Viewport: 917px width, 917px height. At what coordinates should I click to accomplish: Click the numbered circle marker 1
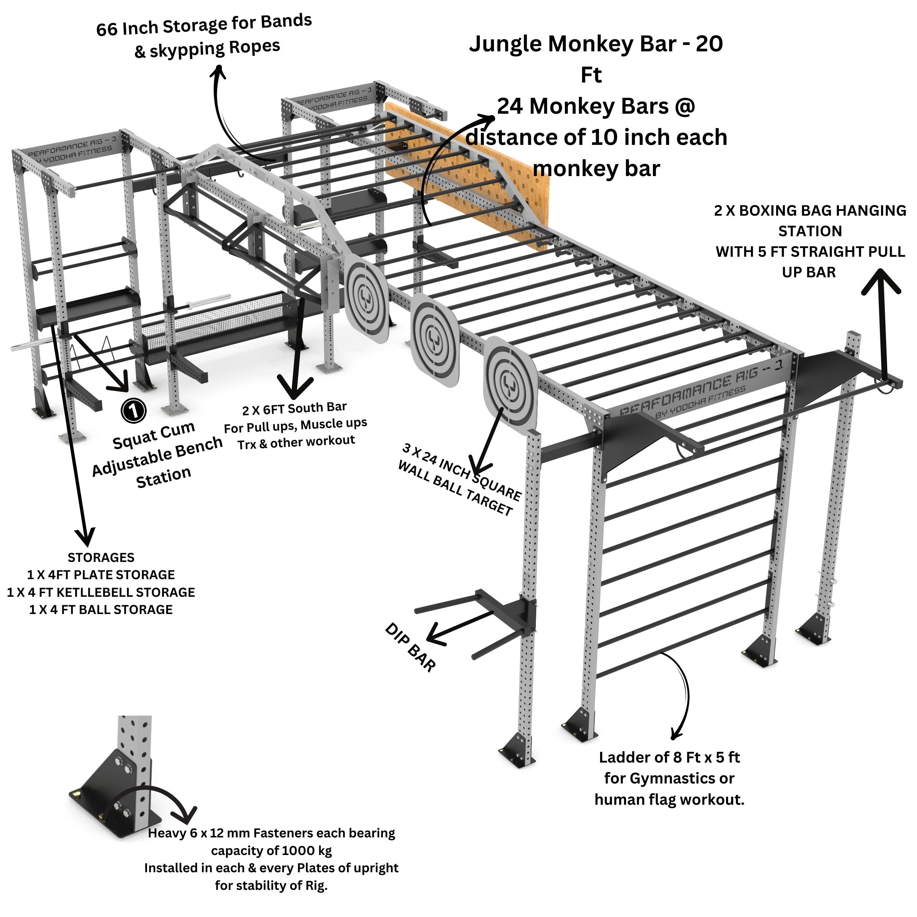coord(134,410)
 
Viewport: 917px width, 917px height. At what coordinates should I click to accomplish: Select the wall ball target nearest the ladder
coord(511,386)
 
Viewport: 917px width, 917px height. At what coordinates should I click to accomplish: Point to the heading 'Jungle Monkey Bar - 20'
coord(596,44)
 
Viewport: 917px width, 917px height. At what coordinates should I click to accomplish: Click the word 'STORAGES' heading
coord(101,558)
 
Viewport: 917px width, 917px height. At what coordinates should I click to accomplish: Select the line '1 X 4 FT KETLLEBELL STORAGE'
coord(101,592)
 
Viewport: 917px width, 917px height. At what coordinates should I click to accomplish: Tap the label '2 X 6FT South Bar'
coord(294,409)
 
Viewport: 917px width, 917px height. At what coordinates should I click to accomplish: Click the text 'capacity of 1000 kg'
coord(271,850)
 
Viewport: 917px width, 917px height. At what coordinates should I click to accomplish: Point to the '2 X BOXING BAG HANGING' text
coord(810,210)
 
